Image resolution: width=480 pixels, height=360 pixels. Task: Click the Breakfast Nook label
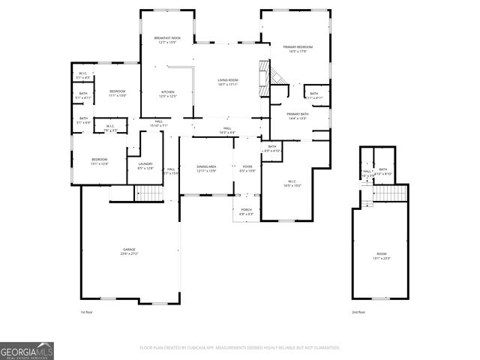(167, 38)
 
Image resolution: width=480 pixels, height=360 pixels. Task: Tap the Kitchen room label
(167, 93)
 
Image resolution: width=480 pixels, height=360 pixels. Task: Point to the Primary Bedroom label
(298, 48)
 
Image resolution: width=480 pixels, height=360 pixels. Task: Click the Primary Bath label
(298, 115)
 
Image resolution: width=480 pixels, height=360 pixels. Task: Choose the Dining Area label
(206, 166)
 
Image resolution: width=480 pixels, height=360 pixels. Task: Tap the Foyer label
(247, 166)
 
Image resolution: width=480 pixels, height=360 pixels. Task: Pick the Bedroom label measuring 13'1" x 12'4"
(100, 160)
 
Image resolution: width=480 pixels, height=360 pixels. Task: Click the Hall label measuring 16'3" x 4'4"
(227, 129)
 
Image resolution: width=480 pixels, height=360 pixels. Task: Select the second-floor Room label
(382, 256)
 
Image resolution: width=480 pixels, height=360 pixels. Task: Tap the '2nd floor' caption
(359, 311)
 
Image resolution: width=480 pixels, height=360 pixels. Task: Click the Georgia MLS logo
(27, 351)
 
